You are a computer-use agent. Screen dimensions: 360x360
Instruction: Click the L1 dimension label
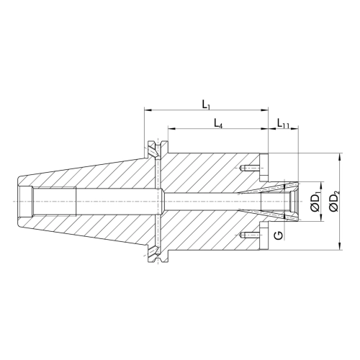(206, 104)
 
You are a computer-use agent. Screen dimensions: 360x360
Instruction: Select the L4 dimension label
(218, 124)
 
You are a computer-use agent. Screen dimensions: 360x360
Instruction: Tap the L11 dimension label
(283, 124)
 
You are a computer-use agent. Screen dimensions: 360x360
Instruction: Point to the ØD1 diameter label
(315, 202)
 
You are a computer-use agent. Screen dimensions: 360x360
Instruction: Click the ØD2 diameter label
(334, 202)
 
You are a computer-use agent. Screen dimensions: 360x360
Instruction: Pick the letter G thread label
(278, 235)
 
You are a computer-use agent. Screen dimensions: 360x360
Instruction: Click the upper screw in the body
(250, 168)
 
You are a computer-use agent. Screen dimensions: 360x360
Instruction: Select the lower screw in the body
(250, 235)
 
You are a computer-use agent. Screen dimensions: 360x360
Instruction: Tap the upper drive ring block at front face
(264, 167)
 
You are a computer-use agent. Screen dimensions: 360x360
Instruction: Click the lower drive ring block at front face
(264, 236)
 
